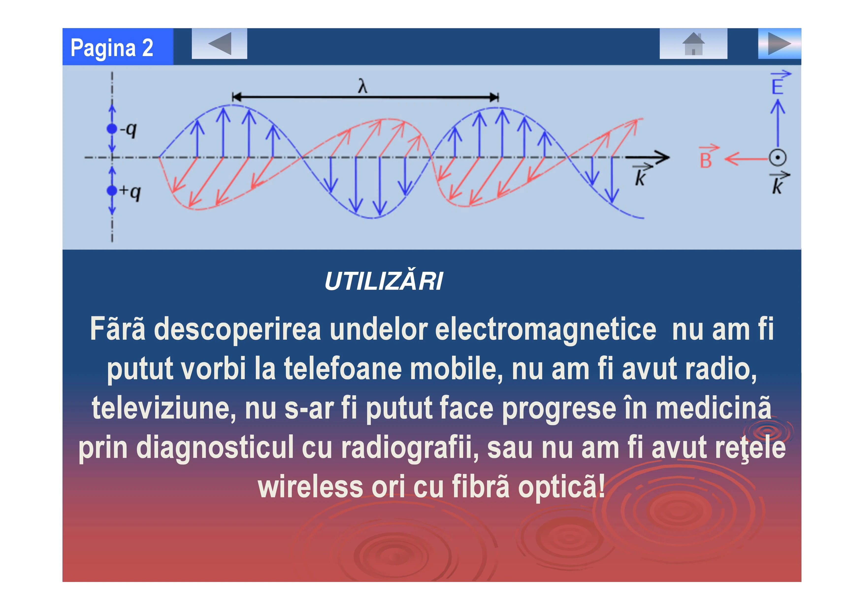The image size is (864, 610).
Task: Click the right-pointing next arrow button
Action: coord(779,44)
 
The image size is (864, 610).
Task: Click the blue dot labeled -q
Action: coord(112,129)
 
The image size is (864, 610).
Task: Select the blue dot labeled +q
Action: coord(112,191)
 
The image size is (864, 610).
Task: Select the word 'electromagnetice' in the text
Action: coord(546,330)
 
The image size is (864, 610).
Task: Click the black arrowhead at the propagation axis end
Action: coord(659,157)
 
